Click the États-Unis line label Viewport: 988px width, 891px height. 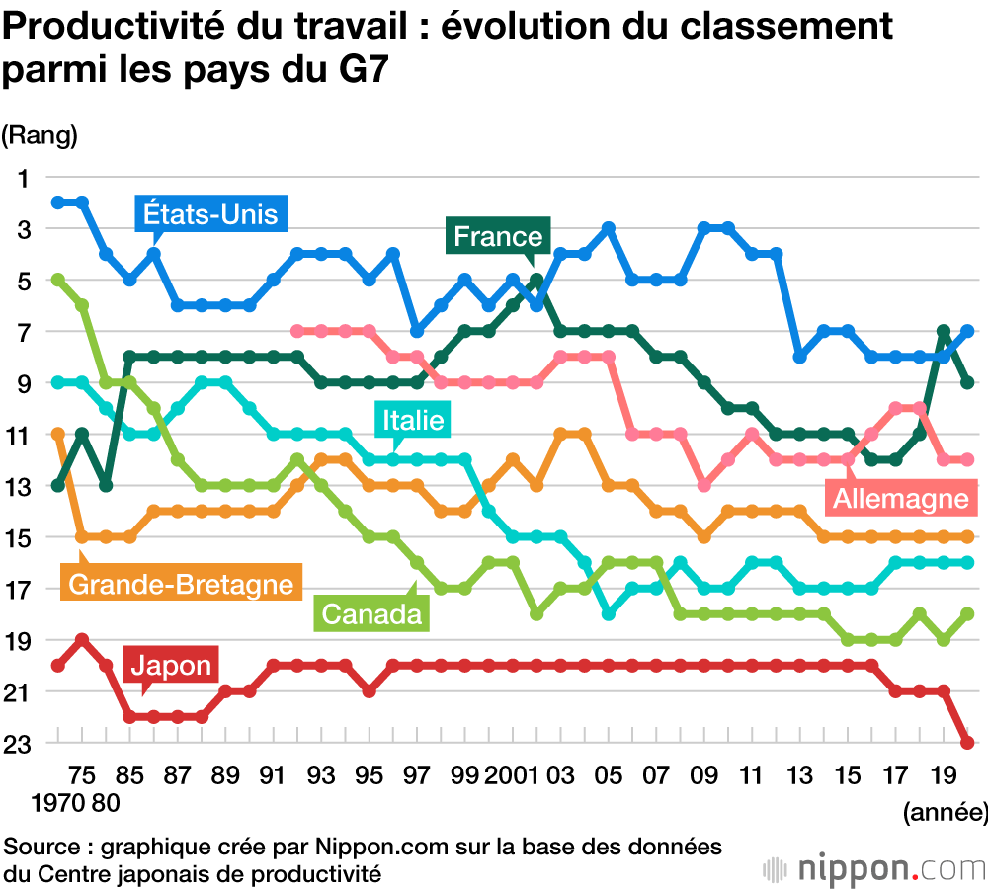click(x=210, y=213)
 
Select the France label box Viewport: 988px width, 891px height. click(x=498, y=236)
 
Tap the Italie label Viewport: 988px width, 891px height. click(x=410, y=421)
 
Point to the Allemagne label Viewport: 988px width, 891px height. click(x=900, y=498)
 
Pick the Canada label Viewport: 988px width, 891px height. click(x=370, y=614)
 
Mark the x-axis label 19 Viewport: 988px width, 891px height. click(x=945, y=773)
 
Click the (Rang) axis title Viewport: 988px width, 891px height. click(x=40, y=135)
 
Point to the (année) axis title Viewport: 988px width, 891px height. click(x=945, y=813)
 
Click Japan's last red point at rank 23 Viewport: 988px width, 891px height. click(x=968, y=743)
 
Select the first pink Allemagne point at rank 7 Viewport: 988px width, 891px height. click(x=296, y=331)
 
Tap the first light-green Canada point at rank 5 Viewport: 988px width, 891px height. click(x=57, y=280)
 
